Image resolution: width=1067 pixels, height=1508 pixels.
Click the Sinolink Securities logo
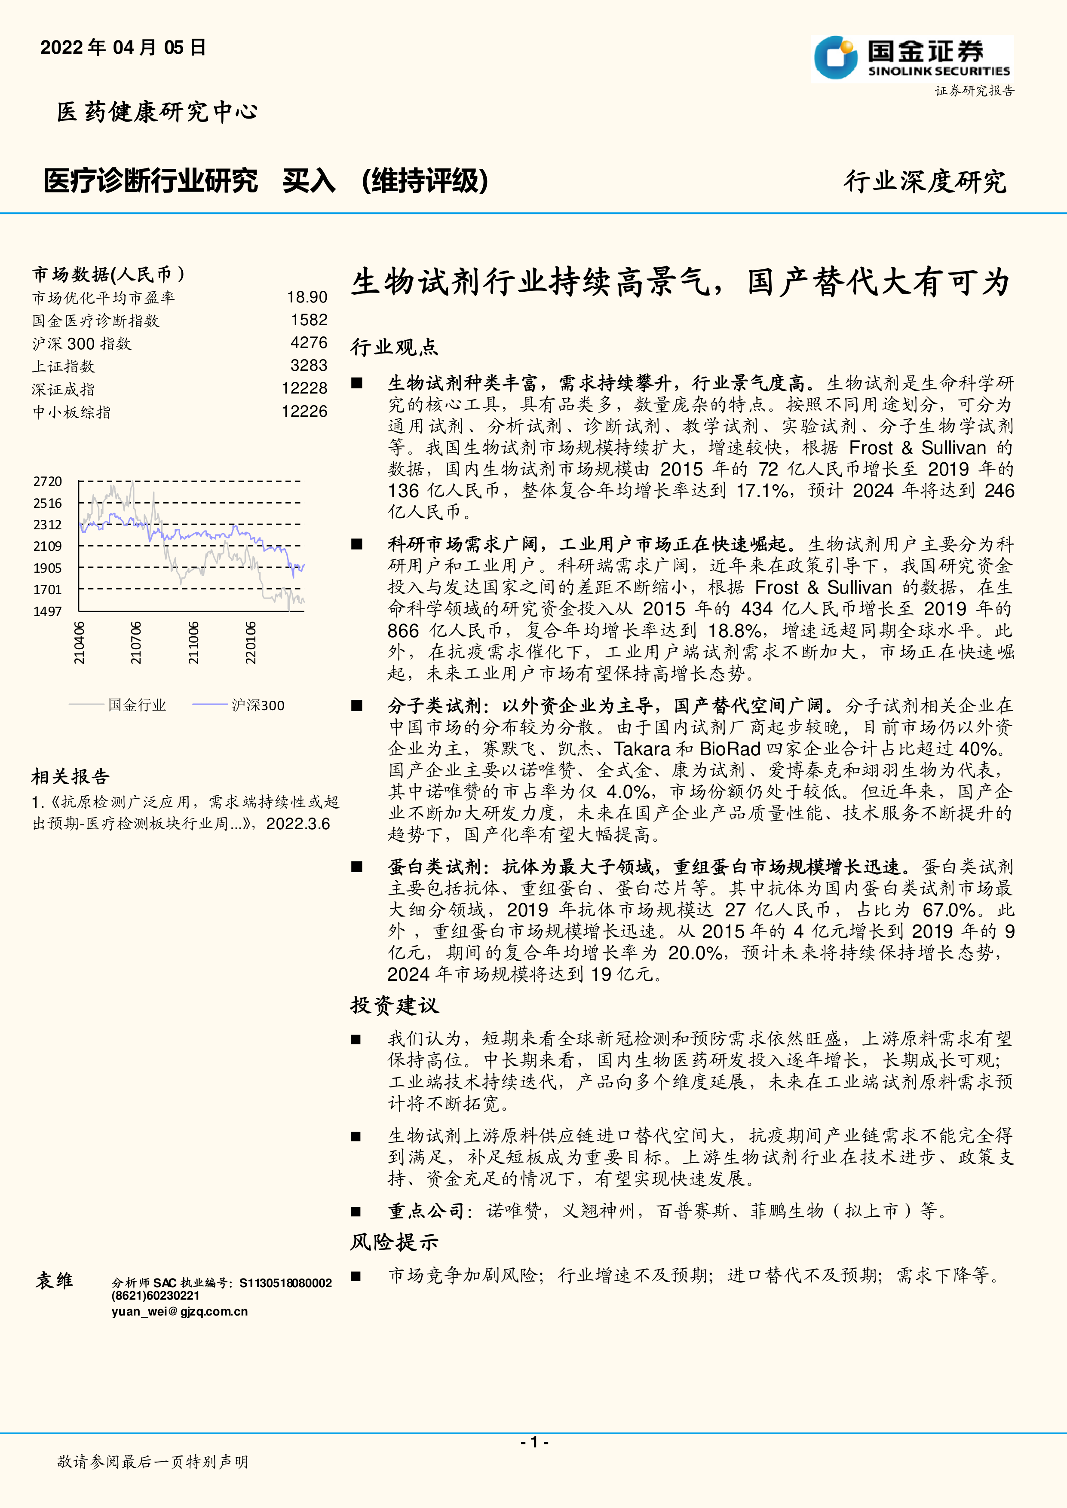tap(912, 58)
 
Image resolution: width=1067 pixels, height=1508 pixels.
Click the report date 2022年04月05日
tap(123, 47)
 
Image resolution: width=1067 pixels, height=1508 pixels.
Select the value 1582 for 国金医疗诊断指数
tap(309, 320)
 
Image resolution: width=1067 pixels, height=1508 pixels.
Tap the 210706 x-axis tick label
tap(136, 643)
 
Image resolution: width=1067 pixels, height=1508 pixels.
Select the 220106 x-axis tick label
tap(250, 643)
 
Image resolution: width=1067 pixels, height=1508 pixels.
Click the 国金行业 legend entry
tap(137, 705)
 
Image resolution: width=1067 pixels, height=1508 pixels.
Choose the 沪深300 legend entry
tap(258, 705)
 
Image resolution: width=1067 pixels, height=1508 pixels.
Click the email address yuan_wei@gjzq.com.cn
tap(179, 1312)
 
